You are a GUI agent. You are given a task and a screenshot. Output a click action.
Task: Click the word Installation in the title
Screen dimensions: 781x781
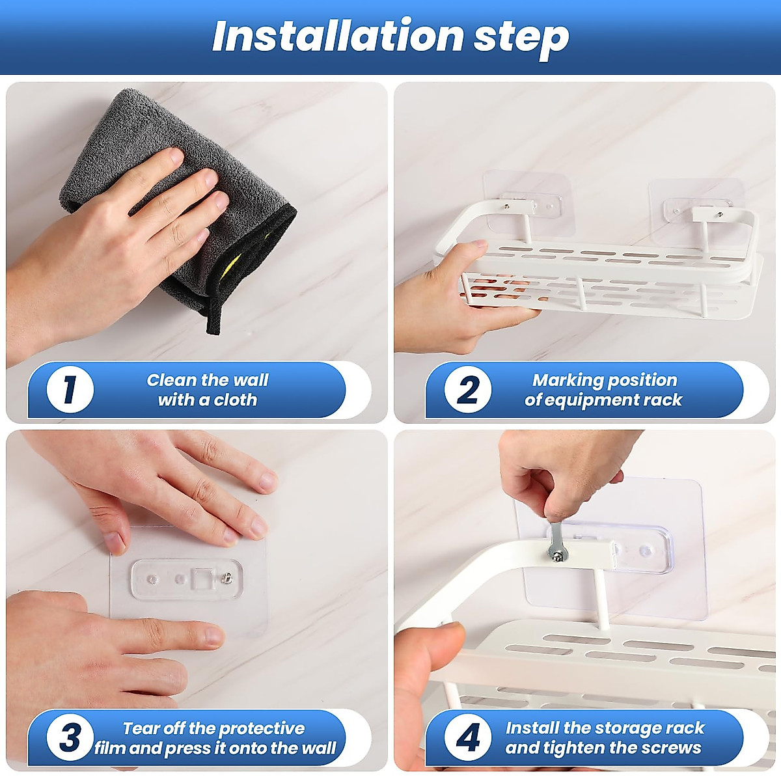coord(338,36)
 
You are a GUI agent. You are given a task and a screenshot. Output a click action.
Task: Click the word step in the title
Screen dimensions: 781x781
coord(521,39)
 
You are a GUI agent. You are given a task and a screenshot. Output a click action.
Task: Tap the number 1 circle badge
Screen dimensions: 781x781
coord(70,389)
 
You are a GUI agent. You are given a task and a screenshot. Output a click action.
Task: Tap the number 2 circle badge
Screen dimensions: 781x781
coord(468,389)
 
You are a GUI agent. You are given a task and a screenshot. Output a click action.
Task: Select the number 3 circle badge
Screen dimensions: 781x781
coord(70,737)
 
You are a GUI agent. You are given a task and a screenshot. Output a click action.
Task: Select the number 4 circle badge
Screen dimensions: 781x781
coord(468,737)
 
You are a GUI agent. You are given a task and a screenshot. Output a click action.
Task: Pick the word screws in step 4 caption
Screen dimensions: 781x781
coord(675,748)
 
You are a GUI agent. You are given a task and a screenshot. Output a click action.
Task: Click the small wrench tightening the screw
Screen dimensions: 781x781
coord(555,543)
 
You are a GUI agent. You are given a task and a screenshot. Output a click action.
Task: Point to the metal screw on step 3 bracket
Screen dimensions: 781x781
coord(227,577)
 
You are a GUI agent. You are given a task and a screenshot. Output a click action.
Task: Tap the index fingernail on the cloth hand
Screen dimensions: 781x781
coord(177,156)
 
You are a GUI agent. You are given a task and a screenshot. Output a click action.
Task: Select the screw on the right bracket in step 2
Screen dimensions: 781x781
coord(719,214)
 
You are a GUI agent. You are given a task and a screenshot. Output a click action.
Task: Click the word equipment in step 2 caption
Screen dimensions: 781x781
coord(599,400)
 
